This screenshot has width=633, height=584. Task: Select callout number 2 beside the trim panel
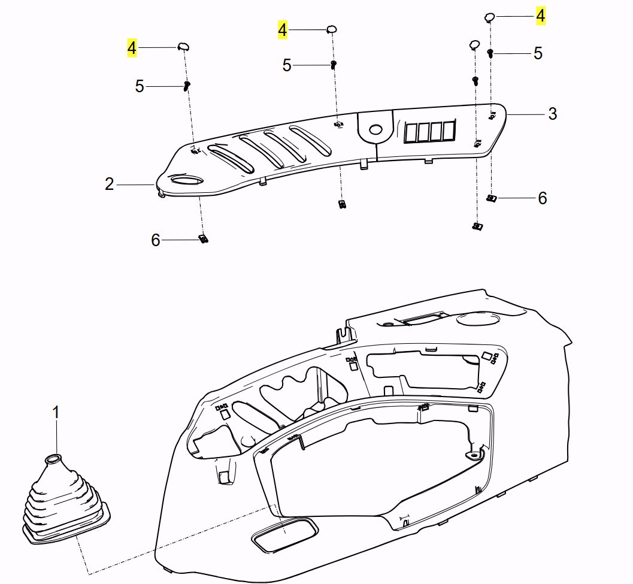tap(109, 184)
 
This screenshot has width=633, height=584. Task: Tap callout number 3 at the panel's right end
tap(552, 113)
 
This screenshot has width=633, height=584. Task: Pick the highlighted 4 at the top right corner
tap(540, 16)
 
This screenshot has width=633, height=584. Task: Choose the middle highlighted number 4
tap(282, 29)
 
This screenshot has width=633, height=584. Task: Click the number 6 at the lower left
tap(156, 240)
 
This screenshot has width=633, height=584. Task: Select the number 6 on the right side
tap(542, 198)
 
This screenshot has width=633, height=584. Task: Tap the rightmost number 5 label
tap(538, 53)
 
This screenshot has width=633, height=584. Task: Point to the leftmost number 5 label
tap(140, 86)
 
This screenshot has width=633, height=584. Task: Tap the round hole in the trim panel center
tap(376, 129)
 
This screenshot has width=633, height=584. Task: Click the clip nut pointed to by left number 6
tap(204, 238)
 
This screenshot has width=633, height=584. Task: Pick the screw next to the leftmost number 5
tap(187, 86)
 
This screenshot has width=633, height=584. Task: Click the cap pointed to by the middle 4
tap(331, 29)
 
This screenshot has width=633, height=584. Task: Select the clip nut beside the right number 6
tap(491, 198)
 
